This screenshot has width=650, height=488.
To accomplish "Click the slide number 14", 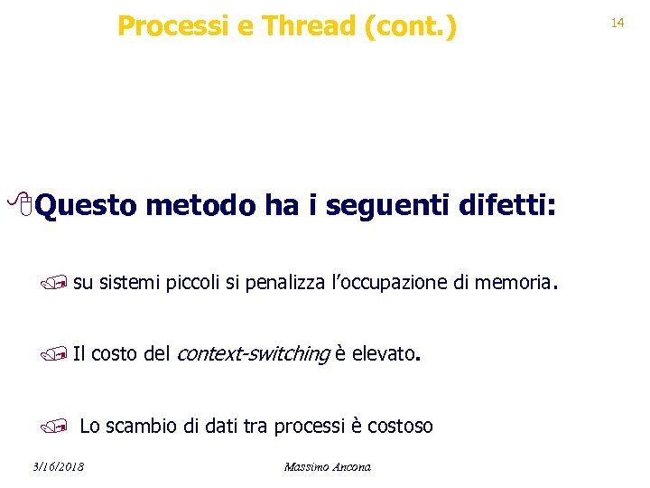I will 617,22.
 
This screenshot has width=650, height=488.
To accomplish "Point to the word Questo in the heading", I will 87,208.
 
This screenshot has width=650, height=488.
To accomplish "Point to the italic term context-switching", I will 252,353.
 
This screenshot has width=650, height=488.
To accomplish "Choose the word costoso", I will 399,426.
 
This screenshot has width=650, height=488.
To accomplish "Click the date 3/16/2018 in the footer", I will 57,466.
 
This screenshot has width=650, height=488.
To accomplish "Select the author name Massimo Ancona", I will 327,466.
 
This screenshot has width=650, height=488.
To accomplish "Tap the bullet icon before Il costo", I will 60,353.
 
